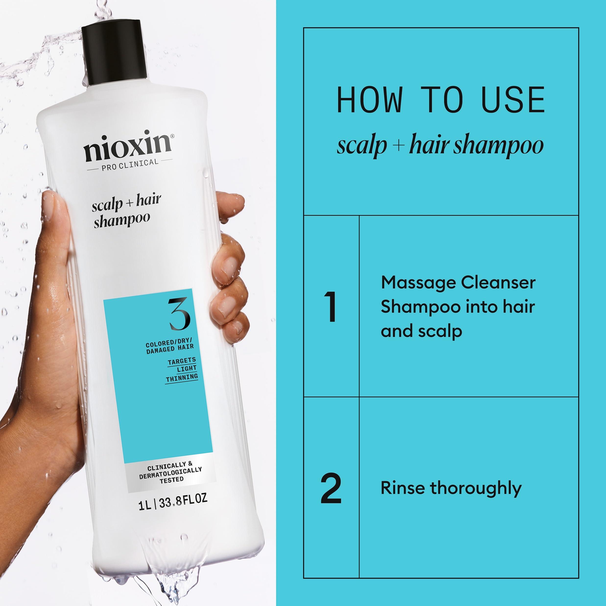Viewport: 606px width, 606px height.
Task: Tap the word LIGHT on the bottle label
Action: click(x=187, y=369)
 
